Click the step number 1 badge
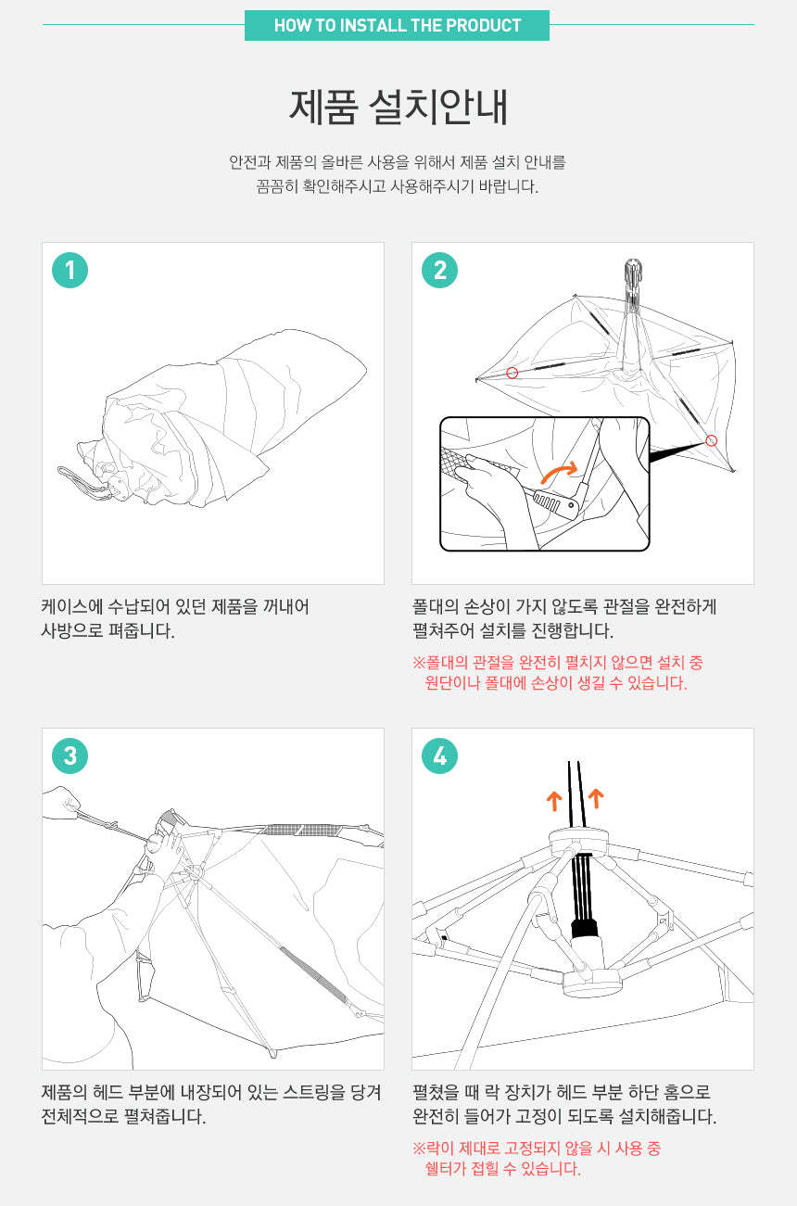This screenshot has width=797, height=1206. point(70,271)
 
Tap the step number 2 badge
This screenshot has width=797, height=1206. point(439,271)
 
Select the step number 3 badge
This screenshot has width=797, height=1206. point(70,755)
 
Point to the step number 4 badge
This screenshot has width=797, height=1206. point(439,755)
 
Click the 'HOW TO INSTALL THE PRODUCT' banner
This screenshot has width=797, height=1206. point(398,25)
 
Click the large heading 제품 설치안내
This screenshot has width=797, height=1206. point(398,108)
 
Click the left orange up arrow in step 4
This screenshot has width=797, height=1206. point(554,801)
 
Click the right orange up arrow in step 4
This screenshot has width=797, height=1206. point(596,799)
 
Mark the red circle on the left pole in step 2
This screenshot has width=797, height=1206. point(512,373)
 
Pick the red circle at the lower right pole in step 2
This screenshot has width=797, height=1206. point(712,441)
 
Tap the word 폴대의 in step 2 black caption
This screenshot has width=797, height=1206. point(435,607)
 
